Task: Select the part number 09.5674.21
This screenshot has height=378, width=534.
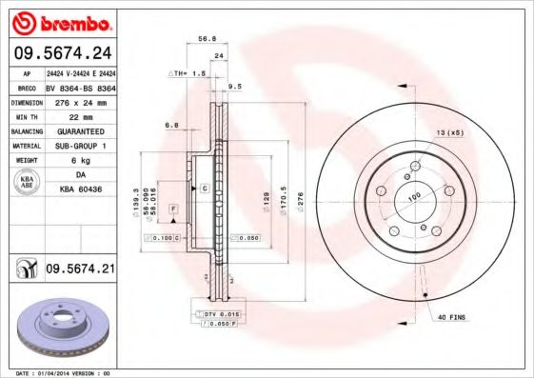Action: pyautogui.click(x=80, y=270)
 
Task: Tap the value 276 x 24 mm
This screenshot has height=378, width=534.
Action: pyautogui.click(x=80, y=101)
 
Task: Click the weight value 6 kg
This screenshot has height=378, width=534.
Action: pyautogui.click(x=80, y=160)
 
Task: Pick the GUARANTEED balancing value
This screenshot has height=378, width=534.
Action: pyautogui.click(x=80, y=130)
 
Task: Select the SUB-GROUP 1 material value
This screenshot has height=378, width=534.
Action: pyautogui.click(x=80, y=146)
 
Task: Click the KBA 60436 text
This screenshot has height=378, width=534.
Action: pyautogui.click(x=80, y=190)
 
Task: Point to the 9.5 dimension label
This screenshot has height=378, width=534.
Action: pyautogui.click(x=235, y=86)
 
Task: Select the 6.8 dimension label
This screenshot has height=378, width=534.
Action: pyautogui.click(x=172, y=125)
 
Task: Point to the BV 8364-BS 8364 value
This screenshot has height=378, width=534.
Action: pyautogui.click(x=80, y=87)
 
